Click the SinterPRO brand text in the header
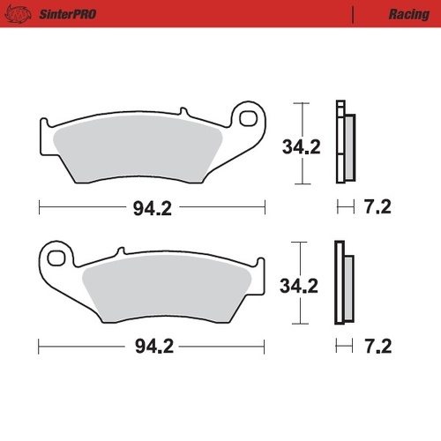pos(66,14)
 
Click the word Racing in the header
pos(408,14)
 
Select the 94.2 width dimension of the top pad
pos(152,208)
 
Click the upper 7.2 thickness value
pos(377,208)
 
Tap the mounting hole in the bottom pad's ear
pos(57,258)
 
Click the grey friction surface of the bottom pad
pos(168,291)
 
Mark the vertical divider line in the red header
pos(353,14)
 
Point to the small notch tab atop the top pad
pos(183,112)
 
